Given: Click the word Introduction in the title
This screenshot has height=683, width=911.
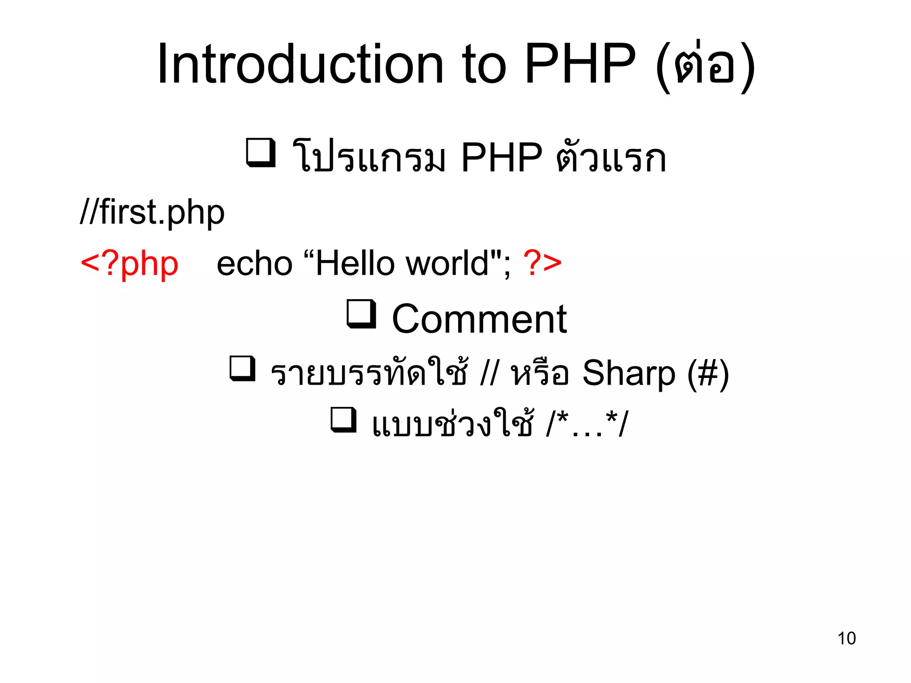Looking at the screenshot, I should (301, 64).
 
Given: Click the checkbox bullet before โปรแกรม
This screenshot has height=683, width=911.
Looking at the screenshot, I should (261, 153).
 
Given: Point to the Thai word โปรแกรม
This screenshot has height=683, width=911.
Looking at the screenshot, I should (368, 158).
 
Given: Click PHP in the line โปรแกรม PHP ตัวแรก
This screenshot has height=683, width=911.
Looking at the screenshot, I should (501, 158).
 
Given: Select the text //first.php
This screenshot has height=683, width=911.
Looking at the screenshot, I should (152, 213).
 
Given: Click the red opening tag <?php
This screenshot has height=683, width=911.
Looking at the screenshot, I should (129, 264).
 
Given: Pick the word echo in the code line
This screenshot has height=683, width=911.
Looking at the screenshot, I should (254, 264).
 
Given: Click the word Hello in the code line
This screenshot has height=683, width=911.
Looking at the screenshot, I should (355, 264).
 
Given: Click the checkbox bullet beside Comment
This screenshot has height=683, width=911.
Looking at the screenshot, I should (362, 314).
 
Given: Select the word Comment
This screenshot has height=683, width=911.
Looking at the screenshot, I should (479, 319).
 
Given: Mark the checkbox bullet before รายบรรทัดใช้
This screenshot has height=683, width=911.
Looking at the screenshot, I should (243, 368).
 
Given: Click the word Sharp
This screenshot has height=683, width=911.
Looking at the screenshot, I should (629, 373).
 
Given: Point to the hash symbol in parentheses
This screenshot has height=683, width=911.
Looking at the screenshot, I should (708, 374).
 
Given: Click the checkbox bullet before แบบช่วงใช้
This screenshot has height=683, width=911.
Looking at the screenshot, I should (344, 420).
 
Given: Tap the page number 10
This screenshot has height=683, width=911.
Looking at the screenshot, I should (847, 638).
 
